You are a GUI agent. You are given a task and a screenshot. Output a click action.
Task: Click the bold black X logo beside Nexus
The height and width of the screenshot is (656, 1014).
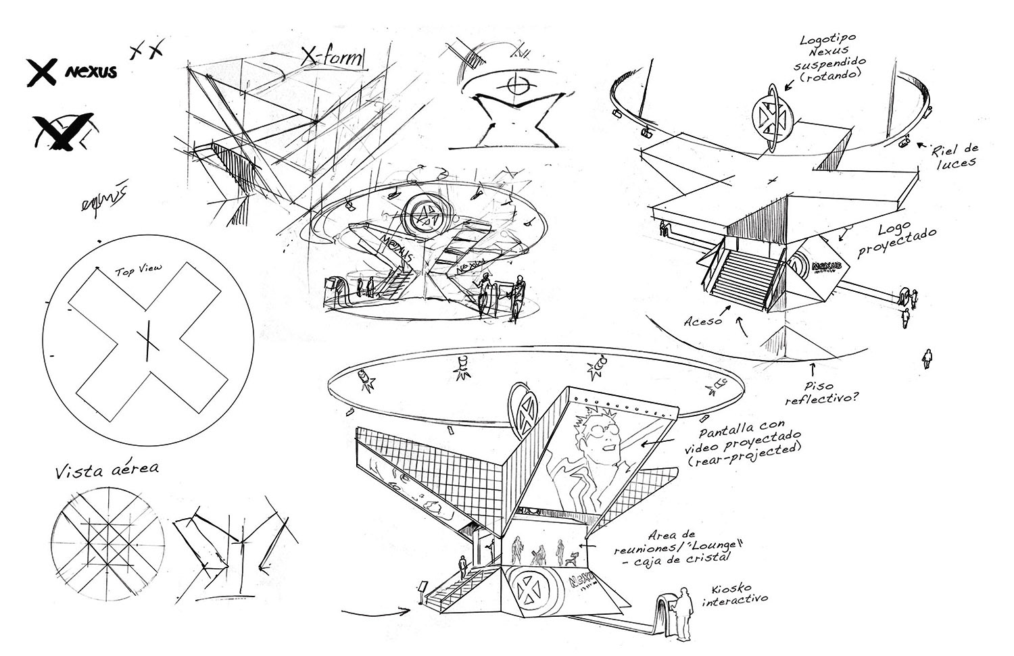pos(41,72)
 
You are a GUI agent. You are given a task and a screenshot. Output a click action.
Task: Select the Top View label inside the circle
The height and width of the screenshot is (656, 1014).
pos(138,270)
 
